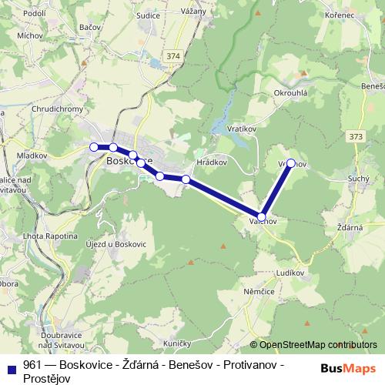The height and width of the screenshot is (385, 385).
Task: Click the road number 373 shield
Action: (356, 136)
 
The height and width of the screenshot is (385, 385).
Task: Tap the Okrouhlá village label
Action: (291, 92)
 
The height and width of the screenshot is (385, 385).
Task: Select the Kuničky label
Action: (177, 341)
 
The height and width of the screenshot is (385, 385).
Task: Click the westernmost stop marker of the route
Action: (94, 146)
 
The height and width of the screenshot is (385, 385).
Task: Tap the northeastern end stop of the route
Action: (291, 162)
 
